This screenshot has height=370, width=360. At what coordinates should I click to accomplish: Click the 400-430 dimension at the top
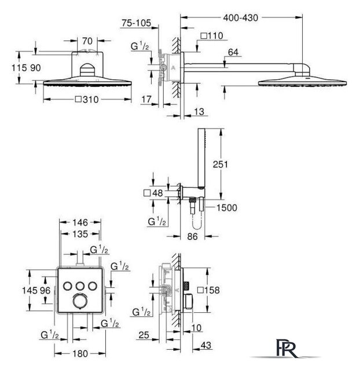coord(240,18)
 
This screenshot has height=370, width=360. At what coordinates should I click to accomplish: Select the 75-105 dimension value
coord(136,23)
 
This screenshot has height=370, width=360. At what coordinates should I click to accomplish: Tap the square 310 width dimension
coord(87,99)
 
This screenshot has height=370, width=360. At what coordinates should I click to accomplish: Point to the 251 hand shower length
coord(220,164)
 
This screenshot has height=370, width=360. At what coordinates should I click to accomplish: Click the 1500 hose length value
coord(227,208)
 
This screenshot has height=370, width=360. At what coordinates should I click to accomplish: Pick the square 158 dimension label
coord(208,290)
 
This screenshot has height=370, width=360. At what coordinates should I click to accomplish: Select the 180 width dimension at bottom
coord(80,353)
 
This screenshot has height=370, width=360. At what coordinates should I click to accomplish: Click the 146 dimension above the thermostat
coord(80,222)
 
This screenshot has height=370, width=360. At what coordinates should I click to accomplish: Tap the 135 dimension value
coord(80,234)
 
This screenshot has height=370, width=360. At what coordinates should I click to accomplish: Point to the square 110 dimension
coord(212,36)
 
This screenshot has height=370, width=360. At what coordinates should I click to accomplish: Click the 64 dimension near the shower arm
coord(233,52)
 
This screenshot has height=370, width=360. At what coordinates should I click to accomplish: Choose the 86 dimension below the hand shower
coord(192,236)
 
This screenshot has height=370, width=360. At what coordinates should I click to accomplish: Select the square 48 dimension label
coord(153,193)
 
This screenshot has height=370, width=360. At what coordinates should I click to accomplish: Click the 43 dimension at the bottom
coord(205,345)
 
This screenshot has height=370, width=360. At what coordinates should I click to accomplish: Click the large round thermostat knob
coord(80,301)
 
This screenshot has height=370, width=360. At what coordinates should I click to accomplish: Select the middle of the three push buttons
coord(80,286)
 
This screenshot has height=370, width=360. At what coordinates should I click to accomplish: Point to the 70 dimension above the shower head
coord(87,41)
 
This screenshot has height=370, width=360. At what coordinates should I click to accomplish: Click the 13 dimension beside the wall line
coord(199,112)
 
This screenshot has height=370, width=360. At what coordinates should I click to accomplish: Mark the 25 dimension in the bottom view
coord(144,335)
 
